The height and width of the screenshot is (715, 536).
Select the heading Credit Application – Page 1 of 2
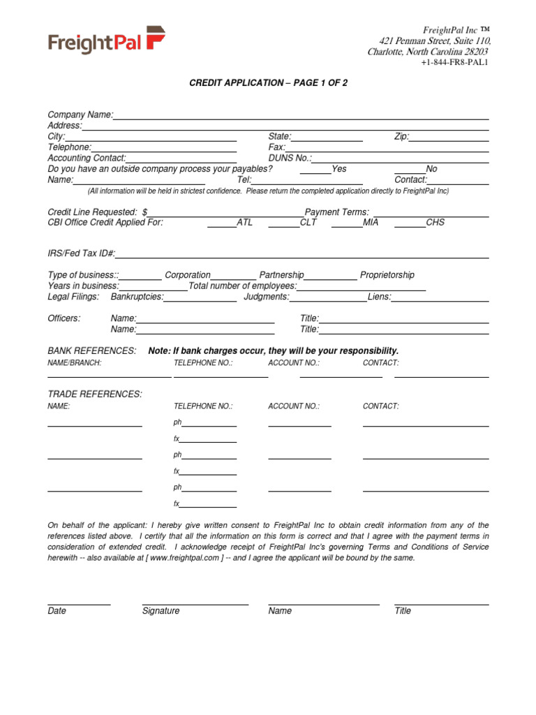(269, 83)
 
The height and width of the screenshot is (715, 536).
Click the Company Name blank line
(301, 115)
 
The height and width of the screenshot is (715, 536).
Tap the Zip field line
(449, 138)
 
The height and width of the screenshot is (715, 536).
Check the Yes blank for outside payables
(315, 169)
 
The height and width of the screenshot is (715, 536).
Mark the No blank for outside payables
(410, 169)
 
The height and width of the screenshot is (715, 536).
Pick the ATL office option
(222, 223)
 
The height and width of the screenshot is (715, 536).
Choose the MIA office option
(347, 223)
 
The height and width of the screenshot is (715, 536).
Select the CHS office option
(410, 223)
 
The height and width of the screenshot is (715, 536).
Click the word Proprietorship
(387, 275)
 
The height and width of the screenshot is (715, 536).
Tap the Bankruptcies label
(137, 297)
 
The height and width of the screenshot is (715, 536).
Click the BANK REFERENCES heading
(91, 351)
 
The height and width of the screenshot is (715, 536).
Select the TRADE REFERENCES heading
(94, 395)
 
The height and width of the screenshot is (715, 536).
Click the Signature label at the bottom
(161, 611)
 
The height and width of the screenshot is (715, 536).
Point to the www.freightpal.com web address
(186, 558)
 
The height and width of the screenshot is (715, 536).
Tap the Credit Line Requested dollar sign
(144, 212)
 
